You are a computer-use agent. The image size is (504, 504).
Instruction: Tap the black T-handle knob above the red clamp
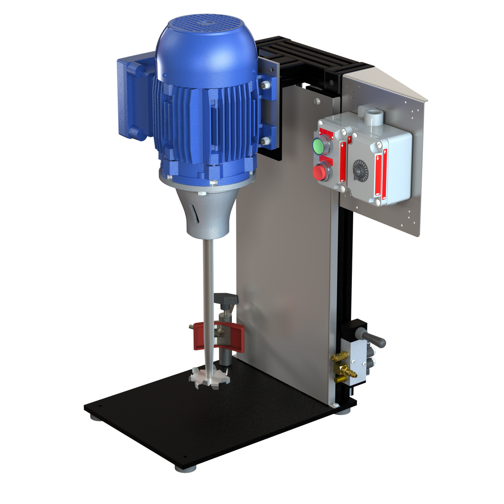(227, 299)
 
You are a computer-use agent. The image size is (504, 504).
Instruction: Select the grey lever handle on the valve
(372, 337)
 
